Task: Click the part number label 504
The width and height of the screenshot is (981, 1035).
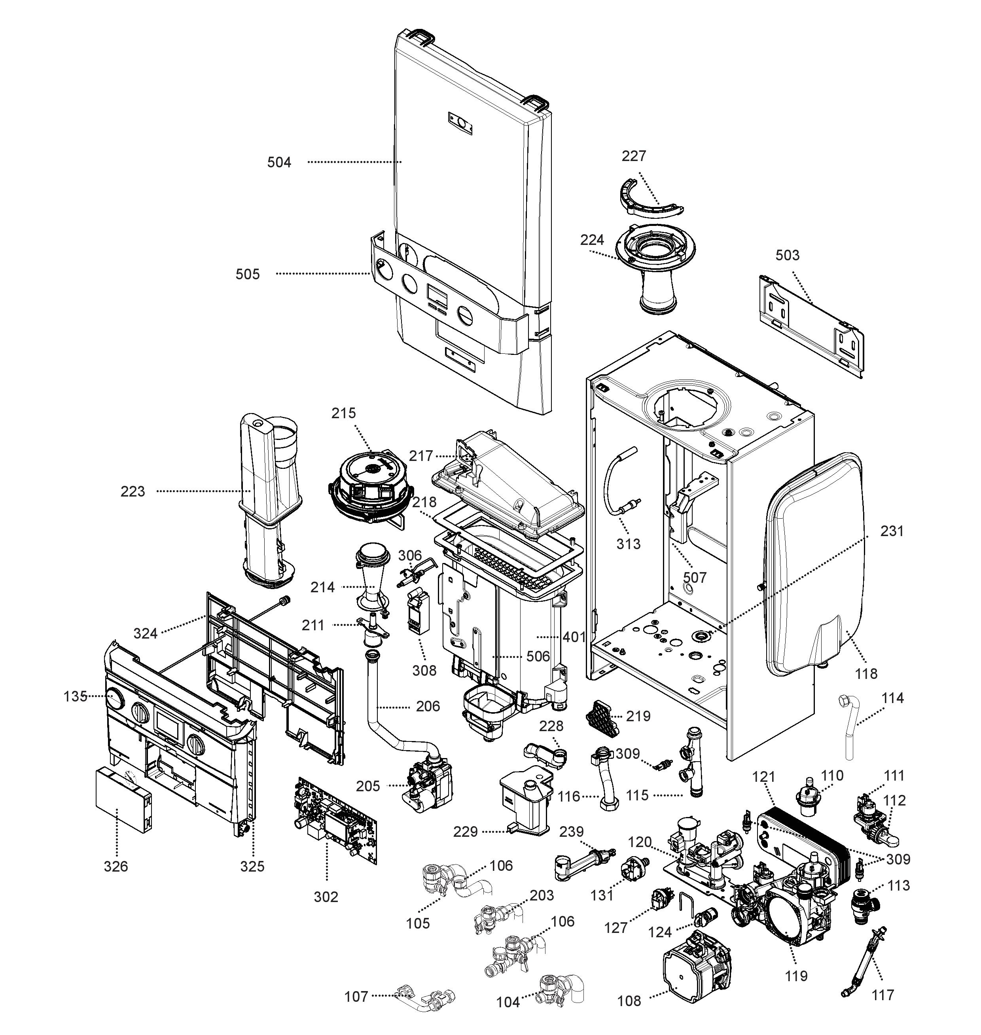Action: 279,163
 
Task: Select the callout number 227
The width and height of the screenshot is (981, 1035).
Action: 634,156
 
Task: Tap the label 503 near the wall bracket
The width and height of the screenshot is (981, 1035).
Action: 788,255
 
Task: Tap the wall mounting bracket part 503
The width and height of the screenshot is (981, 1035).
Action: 811,325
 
